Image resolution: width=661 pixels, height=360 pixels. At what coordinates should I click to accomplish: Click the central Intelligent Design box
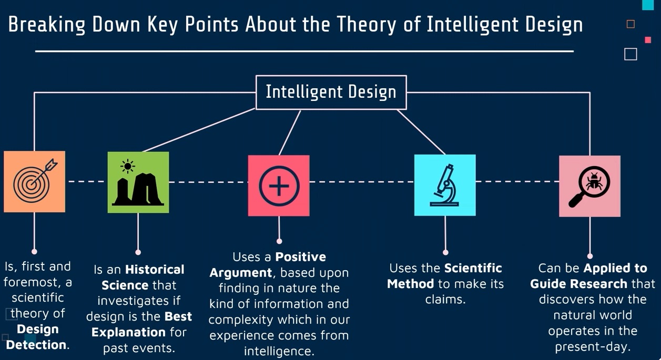[331, 92]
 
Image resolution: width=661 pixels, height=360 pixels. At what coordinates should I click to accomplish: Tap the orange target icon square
[35, 182]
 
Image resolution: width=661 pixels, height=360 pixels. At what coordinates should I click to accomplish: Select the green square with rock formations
[138, 182]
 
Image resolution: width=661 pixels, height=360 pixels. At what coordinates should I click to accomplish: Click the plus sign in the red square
[279, 186]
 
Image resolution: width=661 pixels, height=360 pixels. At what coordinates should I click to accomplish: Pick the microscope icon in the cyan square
[444, 185]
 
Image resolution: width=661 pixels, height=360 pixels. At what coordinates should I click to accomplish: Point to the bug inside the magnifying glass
[594, 181]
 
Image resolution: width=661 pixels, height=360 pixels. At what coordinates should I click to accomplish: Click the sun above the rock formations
[128, 167]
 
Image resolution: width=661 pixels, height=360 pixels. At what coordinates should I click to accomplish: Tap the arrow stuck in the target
[44, 172]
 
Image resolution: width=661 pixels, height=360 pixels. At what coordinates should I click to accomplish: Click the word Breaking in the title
[47, 25]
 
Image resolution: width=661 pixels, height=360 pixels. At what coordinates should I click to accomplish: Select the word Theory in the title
[367, 25]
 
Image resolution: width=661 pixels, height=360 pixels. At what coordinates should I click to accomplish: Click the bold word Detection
[36, 345]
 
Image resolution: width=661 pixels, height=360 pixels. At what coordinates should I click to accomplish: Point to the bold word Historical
[155, 269]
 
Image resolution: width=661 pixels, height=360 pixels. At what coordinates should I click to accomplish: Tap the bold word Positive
[300, 257]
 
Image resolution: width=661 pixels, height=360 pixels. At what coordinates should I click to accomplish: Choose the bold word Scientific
[473, 268]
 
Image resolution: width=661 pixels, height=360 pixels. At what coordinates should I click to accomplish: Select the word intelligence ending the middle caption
[279, 351]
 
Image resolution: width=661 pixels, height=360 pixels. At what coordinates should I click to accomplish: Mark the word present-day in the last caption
[593, 346]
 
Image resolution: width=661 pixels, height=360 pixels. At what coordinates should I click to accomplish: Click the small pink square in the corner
[648, 40]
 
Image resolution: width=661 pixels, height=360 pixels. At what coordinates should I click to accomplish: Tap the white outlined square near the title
[631, 54]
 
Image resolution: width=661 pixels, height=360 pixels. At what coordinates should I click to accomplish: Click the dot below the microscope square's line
[445, 252]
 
